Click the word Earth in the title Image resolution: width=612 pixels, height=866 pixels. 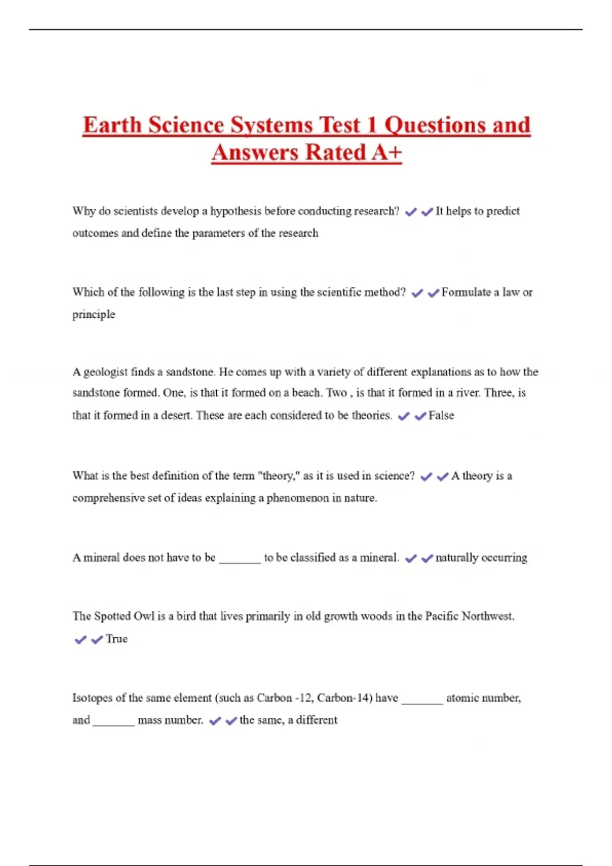[x=112, y=125]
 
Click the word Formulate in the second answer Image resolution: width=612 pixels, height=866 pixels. [x=466, y=292]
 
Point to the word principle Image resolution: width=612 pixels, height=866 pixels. [x=94, y=314]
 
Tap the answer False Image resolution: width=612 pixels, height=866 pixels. [x=441, y=416]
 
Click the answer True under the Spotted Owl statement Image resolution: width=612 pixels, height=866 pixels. [x=117, y=639]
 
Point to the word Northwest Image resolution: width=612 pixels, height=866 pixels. [x=488, y=616]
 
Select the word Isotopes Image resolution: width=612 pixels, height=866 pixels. [x=92, y=698]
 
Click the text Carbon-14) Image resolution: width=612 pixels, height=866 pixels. [x=345, y=698]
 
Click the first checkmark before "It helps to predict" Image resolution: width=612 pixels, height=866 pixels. [x=411, y=212]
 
